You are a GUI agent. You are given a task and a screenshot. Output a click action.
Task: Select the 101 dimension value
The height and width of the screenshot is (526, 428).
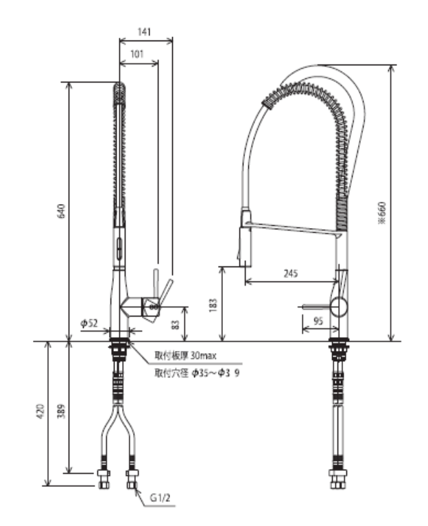tap(137, 54)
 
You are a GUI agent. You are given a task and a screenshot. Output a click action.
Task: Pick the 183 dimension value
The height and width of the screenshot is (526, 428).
tap(213, 303)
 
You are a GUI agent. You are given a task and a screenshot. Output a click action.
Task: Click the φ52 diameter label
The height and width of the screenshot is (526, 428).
tap(89, 322)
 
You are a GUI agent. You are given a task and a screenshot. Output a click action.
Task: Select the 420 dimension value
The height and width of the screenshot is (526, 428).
tap(40, 411)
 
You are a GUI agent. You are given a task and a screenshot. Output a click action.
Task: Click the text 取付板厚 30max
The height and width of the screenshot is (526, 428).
tap(186, 356)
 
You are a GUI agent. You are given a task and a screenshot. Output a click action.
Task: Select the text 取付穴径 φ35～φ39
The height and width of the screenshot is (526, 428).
tap(196, 374)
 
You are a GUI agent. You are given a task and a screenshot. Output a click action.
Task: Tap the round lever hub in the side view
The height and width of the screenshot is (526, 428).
tap(338, 306)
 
